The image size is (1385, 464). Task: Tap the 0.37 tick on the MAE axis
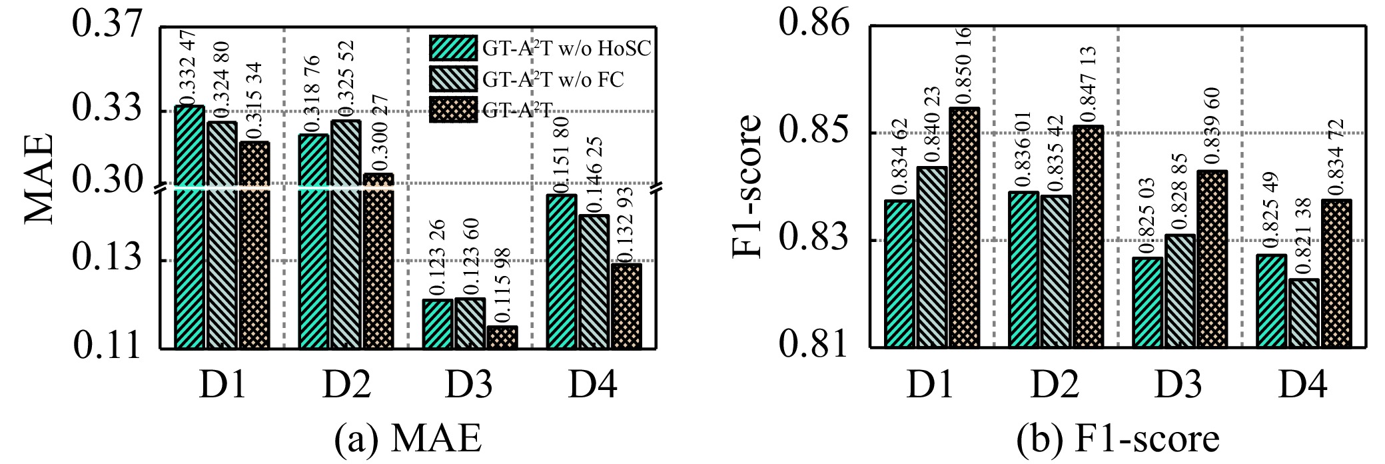pos(107,27)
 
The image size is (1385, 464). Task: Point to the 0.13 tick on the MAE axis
pos(107,260)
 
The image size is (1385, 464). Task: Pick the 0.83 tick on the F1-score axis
pos(816,240)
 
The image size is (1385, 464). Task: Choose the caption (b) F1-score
pos(1117,439)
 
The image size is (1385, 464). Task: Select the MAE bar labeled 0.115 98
pos(502,337)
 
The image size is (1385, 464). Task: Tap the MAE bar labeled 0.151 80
pos(562,271)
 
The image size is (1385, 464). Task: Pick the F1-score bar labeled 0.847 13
pos(1088,236)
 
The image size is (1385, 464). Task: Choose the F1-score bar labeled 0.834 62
pos(900,273)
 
